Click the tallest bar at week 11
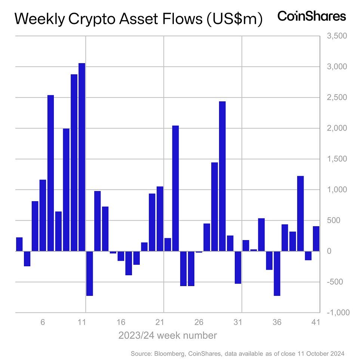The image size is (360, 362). click(x=82, y=157)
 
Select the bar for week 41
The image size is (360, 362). click(x=316, y=239)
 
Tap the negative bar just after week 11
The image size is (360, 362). click(x=89, y=273)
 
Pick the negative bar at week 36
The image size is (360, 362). click(x=277, y=273)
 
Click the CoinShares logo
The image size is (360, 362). click(x=312, y=16)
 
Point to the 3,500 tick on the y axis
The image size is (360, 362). click(x=337, y=36)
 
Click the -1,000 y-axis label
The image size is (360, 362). click(x=338, y=313)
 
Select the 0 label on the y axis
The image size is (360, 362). click(x=329, y=251)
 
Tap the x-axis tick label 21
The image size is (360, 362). click(x=160, y=322)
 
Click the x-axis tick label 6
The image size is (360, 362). click(x=43, y=322)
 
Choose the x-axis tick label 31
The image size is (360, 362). click(x=238, y=322)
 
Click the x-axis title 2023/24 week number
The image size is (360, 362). click(x=167, y=335)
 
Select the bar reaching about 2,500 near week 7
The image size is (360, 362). click(x=50, y=173)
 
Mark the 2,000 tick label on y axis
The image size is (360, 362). click(x=337, y=128)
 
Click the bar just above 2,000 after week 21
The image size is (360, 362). click(x=175, y=188)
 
